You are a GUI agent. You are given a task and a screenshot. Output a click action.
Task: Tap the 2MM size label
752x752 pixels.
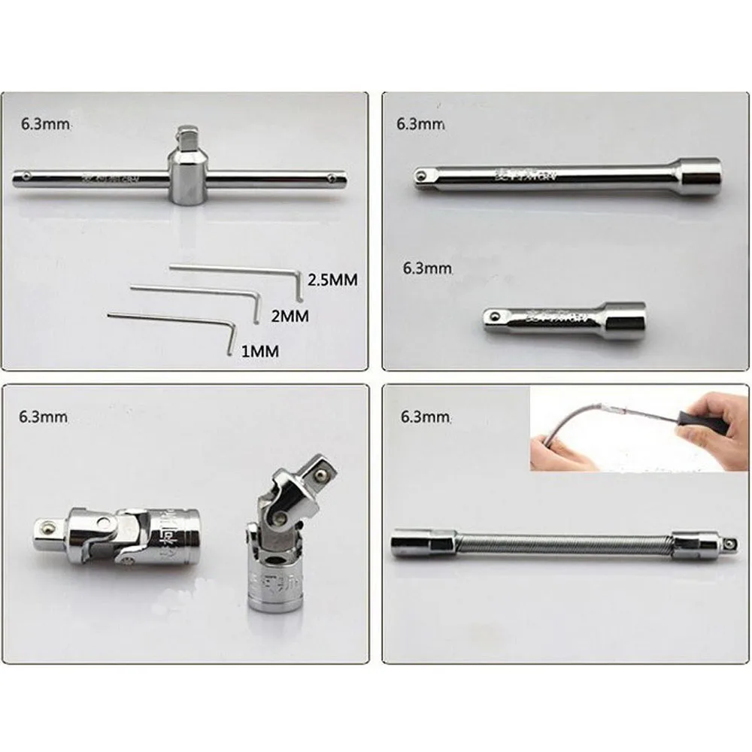click(x=290, y=316)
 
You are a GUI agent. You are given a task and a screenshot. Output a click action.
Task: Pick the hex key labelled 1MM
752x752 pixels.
click(x=173, y=324)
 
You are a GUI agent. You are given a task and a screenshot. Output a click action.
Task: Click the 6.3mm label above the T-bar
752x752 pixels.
click(x=46, y=124)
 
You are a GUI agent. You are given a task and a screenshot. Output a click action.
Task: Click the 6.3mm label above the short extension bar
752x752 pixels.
click(x=427, y=268)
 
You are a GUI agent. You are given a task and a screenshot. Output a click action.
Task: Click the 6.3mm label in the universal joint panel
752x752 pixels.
click(x=46, y=416)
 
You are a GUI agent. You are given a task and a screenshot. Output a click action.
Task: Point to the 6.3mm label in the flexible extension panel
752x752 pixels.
click(x=426, y=416)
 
